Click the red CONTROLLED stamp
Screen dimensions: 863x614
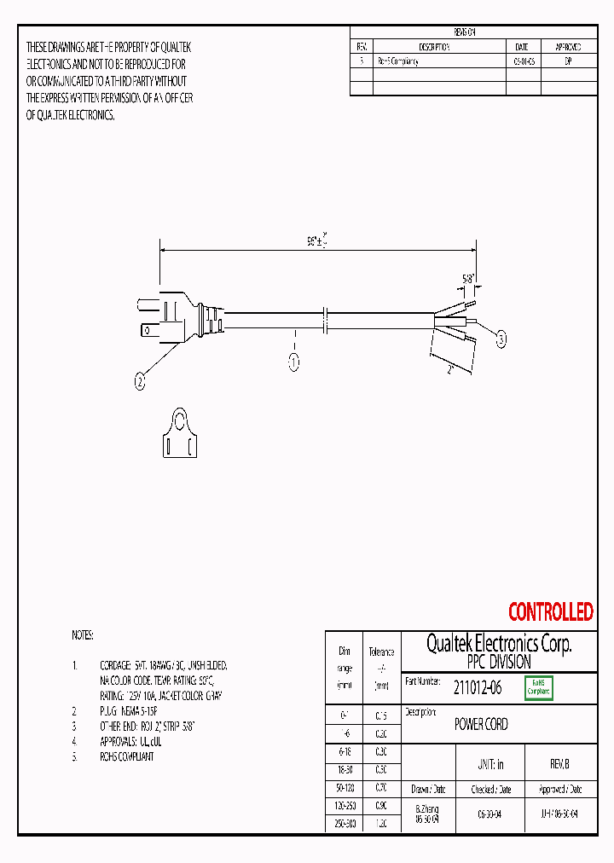click(x=550, y=611)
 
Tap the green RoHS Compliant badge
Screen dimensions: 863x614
click(x=539, y=687)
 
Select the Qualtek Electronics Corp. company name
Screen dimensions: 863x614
click(x=499, y=644)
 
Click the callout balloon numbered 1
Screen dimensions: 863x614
click(x=293, y=362)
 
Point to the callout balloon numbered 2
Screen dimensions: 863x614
click(x=141, y=383)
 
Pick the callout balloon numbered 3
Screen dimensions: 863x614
click(x=501, y=339)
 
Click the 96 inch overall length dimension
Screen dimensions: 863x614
click(x=318, y=241)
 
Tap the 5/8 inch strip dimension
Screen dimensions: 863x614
click(x=469, y=278)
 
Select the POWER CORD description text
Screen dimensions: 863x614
click(x=481, y=724)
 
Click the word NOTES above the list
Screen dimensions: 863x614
click(x=83, y=635)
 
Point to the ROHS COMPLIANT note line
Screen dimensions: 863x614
click(x=126, y=756)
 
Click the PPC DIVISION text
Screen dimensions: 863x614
click(x=499, y=662)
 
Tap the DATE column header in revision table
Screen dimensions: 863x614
click(x=522, y=47)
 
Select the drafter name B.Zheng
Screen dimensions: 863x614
click(x=426, y=808)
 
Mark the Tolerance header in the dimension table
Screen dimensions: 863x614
click(x=381, y=652)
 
